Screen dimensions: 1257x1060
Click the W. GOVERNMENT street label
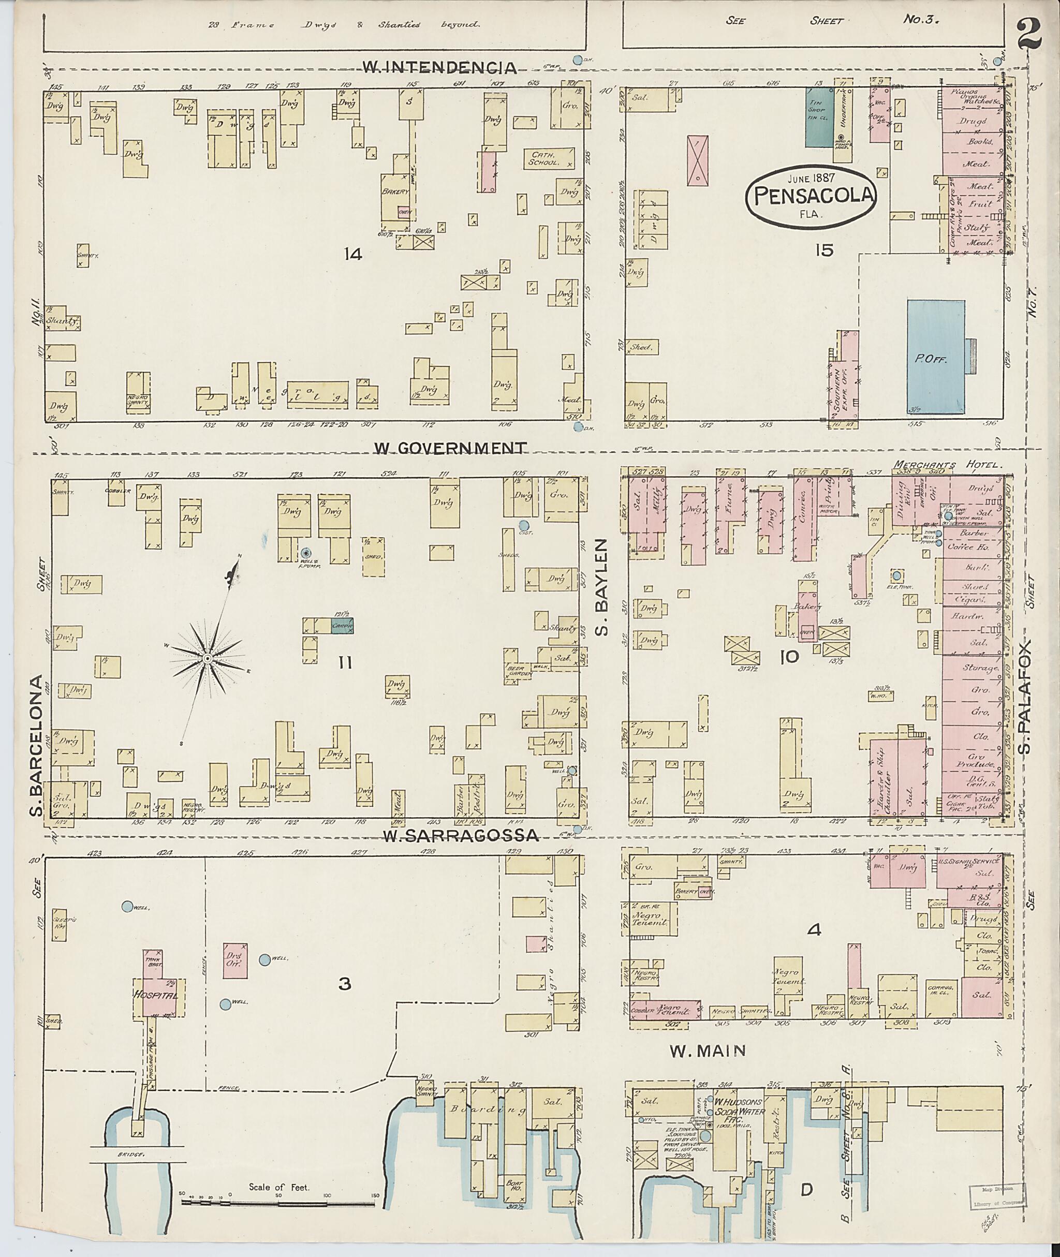coord(451,448)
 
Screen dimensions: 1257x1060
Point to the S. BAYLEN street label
coord(602,586)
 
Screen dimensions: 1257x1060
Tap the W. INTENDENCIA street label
coord(440,68)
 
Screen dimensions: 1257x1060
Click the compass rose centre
coord(207,659)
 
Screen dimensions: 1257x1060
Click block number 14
coord(353,255)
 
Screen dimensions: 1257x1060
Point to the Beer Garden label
coord(518,672)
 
